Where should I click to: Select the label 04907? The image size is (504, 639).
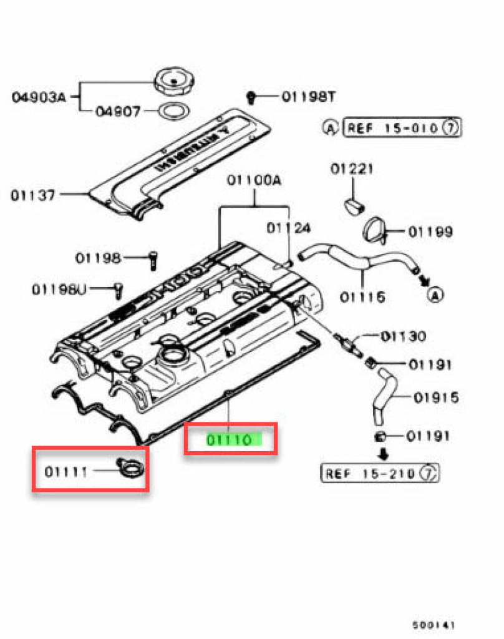[118, 111]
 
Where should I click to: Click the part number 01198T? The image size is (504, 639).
[308, 97]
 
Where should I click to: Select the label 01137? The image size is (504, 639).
[33, 195]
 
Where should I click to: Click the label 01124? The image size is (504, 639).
[289, 228]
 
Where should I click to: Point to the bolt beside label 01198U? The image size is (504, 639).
[117, 289]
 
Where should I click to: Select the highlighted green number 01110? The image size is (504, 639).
[230, 440]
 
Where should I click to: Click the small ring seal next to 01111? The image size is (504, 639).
[131, 469]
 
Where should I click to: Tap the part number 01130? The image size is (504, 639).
[404, 337]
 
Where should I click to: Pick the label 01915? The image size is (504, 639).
[437, 396]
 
